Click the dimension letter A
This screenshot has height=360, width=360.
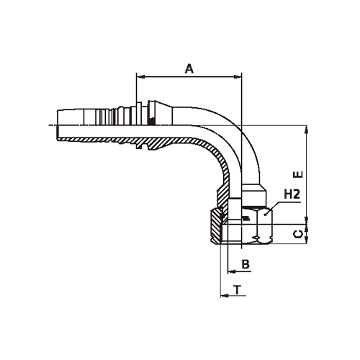(x=189, y=68)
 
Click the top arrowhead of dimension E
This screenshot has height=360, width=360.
(x=307, y=130)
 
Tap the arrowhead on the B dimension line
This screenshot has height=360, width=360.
(x=230, y=272)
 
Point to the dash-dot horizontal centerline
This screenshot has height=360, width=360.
(x=86, y=128)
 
